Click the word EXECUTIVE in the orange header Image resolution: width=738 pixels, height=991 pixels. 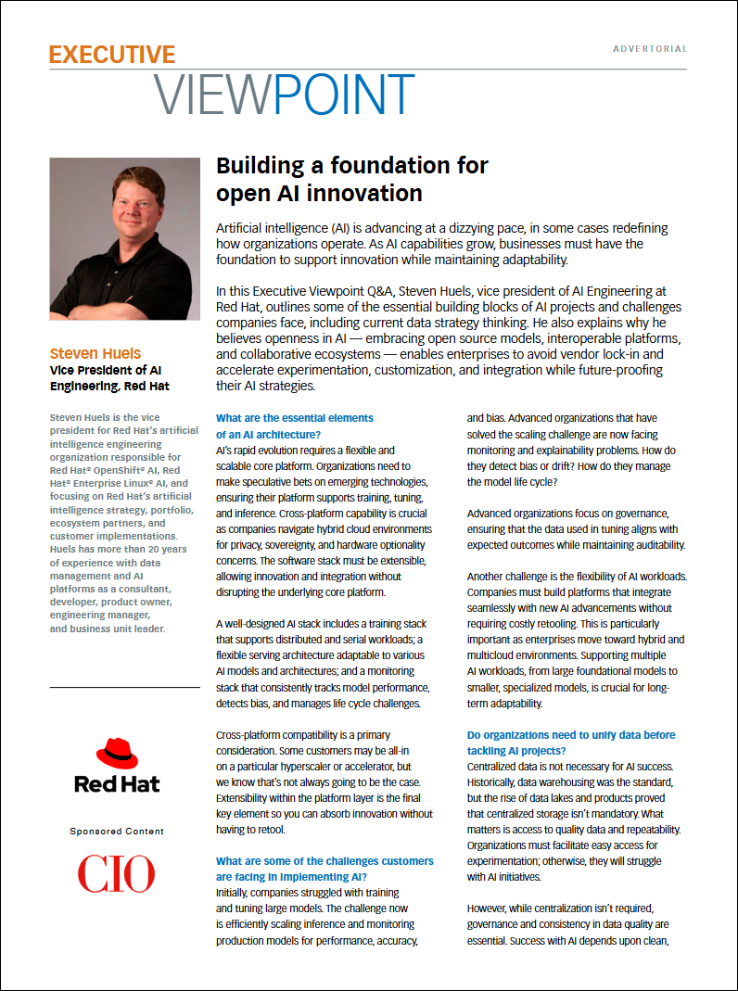(112, 55)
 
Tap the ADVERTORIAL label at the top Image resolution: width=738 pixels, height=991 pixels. (650, 49)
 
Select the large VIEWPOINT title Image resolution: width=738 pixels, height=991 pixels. (284, 95)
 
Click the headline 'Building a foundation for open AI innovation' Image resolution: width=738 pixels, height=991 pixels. (351, 179)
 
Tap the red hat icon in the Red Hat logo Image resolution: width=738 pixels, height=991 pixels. (117, 754)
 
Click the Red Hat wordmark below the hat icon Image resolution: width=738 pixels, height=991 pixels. (117, 784)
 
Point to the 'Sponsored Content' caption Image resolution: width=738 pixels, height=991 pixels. (117, 832)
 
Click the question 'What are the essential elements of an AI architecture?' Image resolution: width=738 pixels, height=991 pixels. (294, 426)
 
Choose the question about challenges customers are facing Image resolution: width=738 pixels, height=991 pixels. (324, 869)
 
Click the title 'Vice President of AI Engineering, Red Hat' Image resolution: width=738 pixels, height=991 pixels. (109, 377)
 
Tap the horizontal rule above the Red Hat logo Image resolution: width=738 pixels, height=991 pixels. (124, 687)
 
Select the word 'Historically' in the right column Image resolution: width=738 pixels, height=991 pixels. (498, 783)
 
